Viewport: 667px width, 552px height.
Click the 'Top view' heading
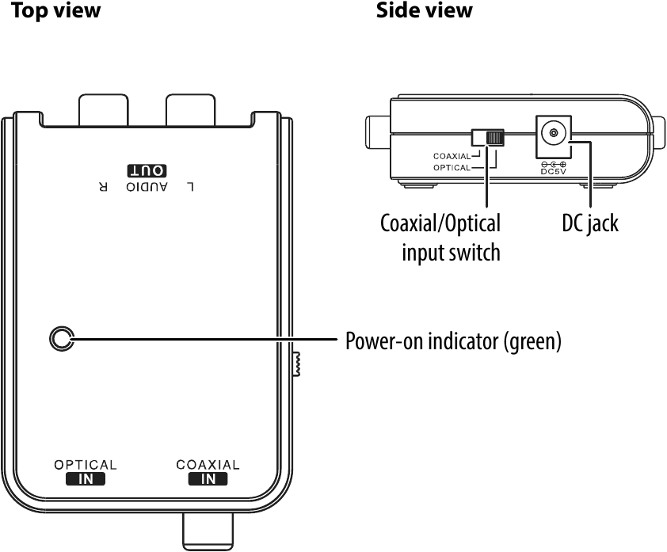55,11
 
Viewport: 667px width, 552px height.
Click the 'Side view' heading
425,11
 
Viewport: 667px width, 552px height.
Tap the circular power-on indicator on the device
61,340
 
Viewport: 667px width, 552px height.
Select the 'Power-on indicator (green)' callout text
453,341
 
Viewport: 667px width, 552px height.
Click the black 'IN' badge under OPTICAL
85,478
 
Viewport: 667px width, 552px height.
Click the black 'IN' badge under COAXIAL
208,478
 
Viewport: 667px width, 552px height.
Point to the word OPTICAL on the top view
85,465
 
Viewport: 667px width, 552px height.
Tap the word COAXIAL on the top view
208,465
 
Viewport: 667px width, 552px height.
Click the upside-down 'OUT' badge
147,170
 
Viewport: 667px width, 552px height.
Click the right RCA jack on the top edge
190,109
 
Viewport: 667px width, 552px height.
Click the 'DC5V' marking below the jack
552,169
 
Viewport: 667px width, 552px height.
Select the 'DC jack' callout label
585,224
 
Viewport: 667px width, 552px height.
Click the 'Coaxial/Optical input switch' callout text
440,238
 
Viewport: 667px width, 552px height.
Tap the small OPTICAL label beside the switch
452,168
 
